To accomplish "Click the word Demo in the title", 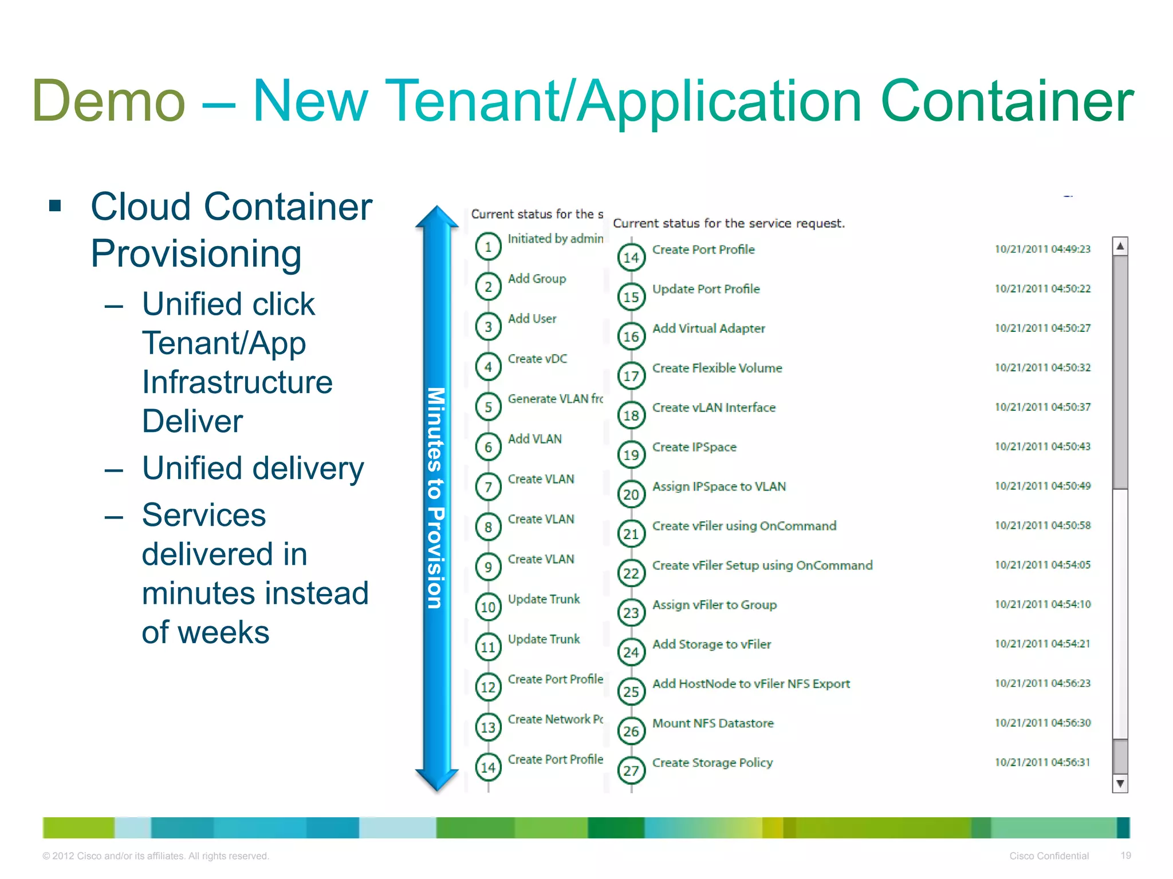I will [x=109, y=101].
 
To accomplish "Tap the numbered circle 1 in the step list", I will [x=488, y=247].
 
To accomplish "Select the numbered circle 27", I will [x=631, y=771].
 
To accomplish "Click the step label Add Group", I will [x=537, y=279].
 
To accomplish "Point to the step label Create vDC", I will [x=537, y=359].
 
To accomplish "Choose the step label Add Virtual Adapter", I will [x=708, y=328].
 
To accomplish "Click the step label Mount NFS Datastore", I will [x=713, y=723].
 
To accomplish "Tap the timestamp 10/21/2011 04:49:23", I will [x=1042, y=249].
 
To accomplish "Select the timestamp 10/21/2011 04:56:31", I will [x=1042, y=762].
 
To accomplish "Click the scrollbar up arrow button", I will [x=1120, y=246].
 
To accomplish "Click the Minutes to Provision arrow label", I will [x=436, y=498].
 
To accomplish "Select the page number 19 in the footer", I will [x=1125, y=856].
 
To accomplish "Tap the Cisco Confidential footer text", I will [x=1049, y=856].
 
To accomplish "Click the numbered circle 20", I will [x=631, y=494].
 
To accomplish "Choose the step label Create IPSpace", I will [x=694, y=447].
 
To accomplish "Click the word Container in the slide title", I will [x=1006, y=101].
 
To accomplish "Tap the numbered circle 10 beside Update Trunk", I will [x=488, y=607].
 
